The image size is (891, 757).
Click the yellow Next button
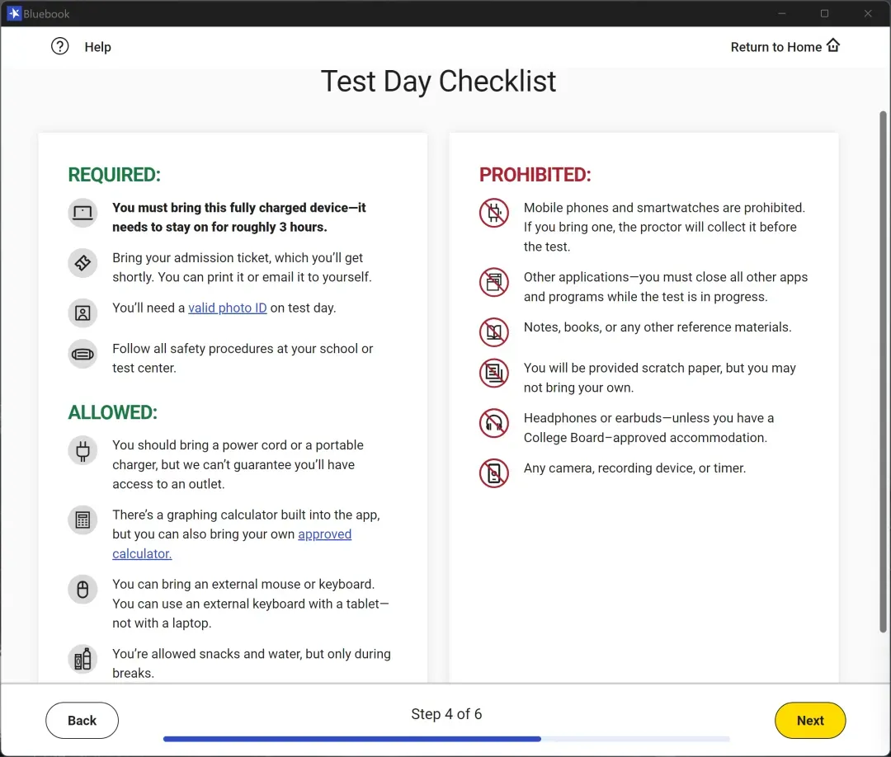(810, 720)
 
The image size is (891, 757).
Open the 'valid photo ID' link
(228, 308)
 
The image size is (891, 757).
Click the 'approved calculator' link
(232, 543)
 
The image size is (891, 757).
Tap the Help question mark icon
(59, 46)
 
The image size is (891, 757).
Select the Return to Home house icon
(833, 45)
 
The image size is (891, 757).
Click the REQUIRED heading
(114, 174)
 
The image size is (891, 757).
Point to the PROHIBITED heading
(535, 174)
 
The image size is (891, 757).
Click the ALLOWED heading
(112, 412)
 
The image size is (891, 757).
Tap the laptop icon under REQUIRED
(82, 213)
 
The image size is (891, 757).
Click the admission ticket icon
(82, 263)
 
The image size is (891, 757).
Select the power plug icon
(82, 451)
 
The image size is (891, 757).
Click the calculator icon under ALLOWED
(82, 520)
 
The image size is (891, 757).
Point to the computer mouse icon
(82, 590)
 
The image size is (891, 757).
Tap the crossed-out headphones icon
(494, 423)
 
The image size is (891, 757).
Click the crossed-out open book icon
(494, 332)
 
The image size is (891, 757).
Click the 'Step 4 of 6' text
(446, 714)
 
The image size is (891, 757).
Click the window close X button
(868, 13)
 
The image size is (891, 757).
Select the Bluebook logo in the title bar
(14, 13)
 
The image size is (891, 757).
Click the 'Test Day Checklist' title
(438, 81)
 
